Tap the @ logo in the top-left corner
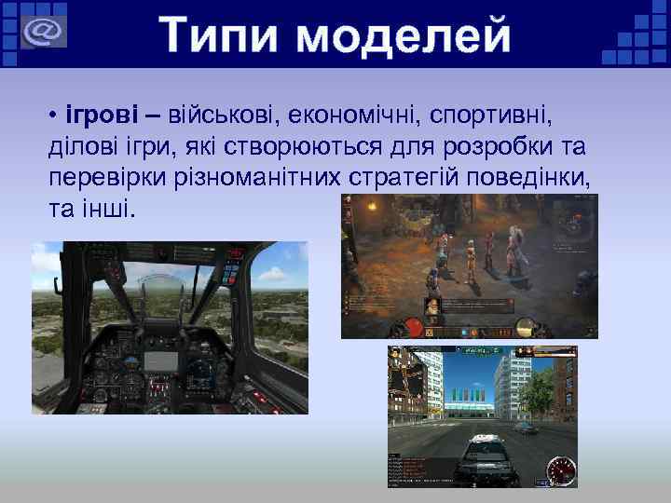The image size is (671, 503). tap(41, 31)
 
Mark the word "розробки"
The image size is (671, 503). tap(518, 147)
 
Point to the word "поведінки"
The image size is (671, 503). tap(542, 177)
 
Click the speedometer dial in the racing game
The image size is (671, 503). tap(559, 468)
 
